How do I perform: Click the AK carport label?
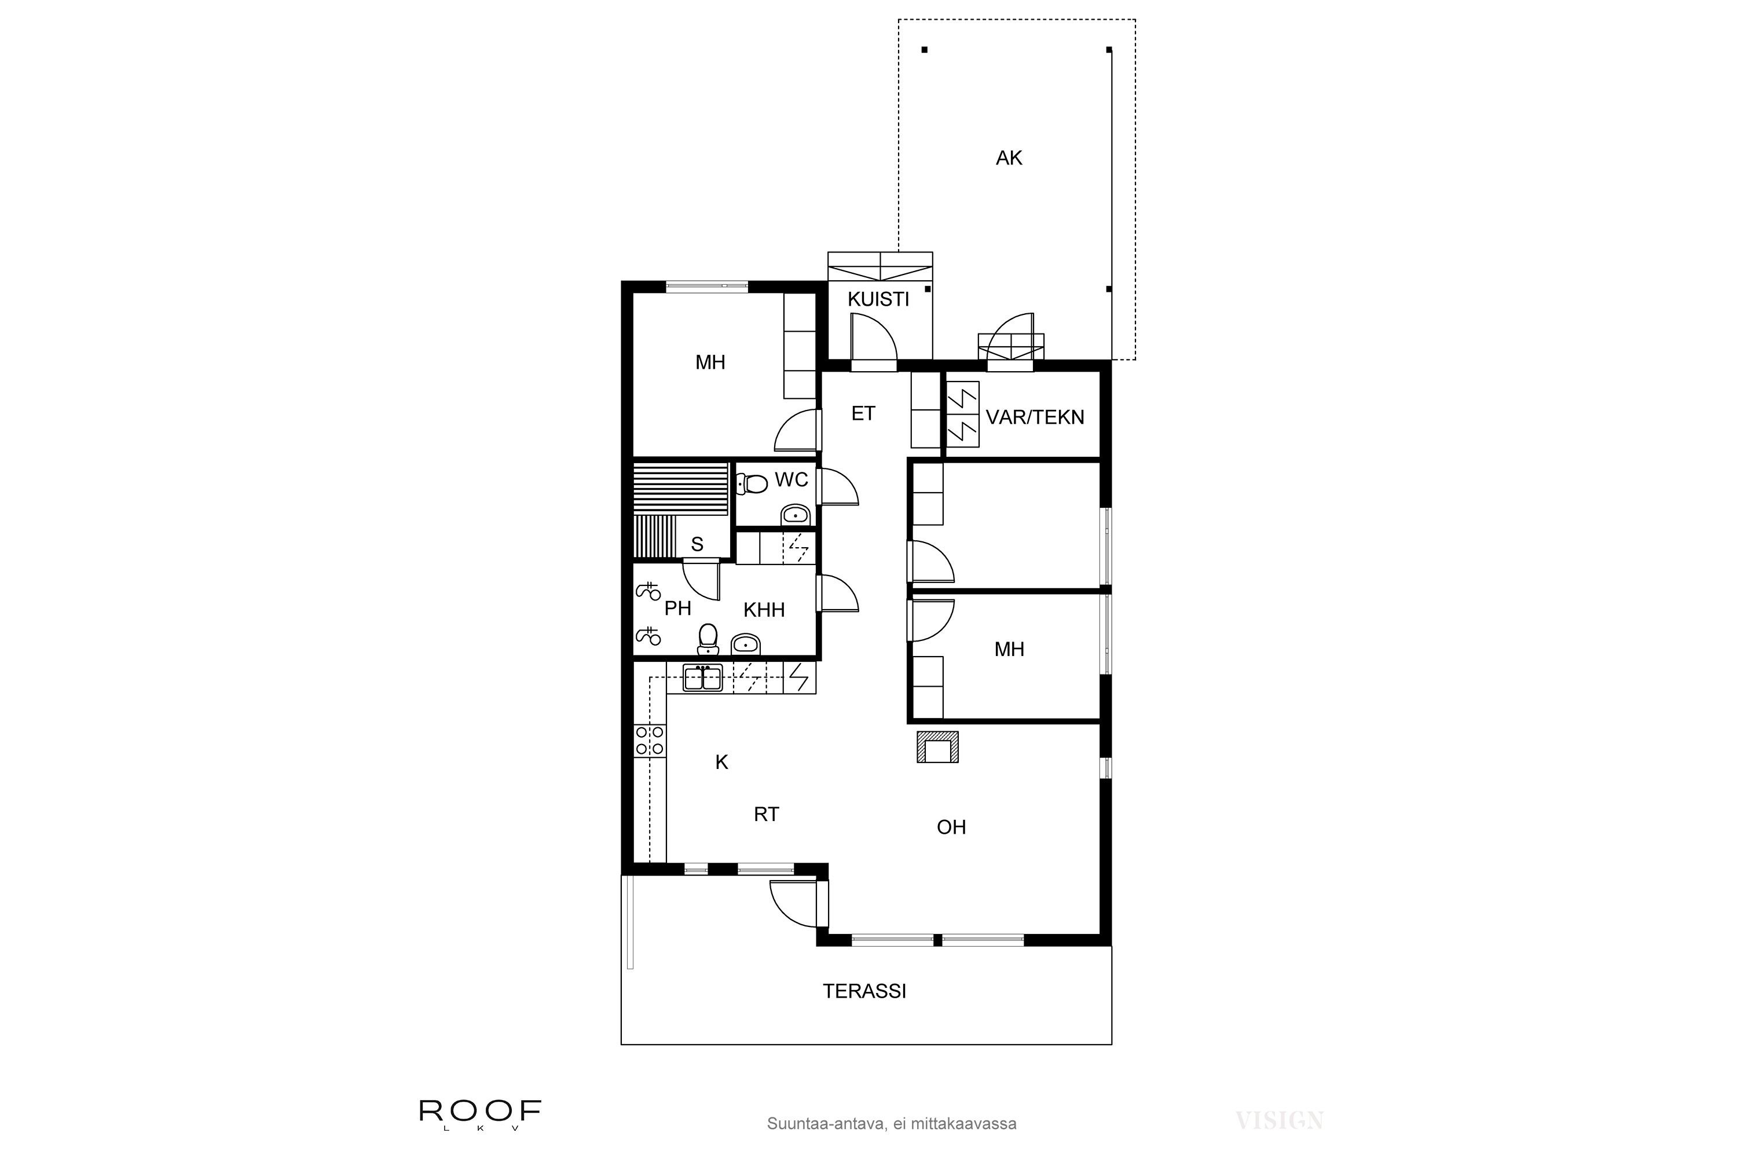click(x=1009, y=158)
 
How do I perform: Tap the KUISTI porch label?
click(x=878, y=299)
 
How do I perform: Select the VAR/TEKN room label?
click(x=1035, y=417)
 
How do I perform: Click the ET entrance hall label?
click(x=863, y=413)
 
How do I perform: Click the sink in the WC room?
click(x=794, y=514)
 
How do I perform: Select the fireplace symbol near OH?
click(x=937, y=747)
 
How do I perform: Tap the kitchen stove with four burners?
click(x=650, y=741)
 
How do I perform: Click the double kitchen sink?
click(x=702, y=678)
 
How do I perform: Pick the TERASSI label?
click(x=864, y=991)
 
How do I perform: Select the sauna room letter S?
click(x=697, y=545)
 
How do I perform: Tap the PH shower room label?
click(x=677, y=609)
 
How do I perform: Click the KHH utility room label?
click(x=764, y=610)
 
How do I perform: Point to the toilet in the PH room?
click(x=708, y=639)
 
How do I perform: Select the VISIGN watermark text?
click(x=1279, y=1121)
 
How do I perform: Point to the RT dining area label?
click(x=766, y=815)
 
